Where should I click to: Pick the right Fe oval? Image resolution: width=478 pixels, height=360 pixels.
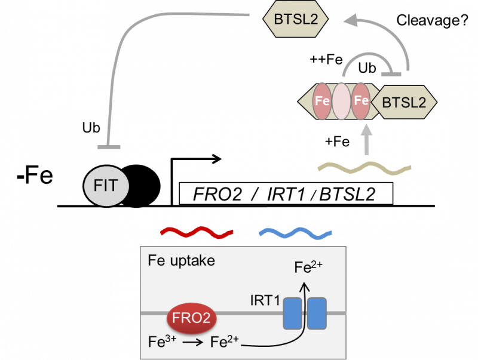coord(360,102)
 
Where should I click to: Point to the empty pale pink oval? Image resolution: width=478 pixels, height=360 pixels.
coord(341,102)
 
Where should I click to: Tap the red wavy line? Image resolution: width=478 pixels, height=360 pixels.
coord(196,232)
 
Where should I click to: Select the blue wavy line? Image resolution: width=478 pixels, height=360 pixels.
coord(295,232)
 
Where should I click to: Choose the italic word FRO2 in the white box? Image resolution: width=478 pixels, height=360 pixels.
coord(215,195)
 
